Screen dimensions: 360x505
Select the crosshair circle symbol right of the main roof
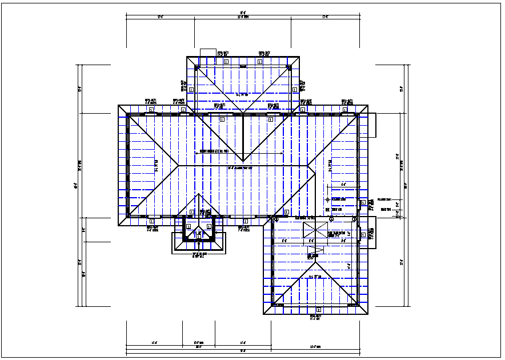(327, 199)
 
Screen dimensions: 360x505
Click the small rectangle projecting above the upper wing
(207, 52)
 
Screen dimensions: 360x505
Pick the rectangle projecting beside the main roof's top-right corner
(372, 125)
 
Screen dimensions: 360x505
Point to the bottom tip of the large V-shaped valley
(243, 161)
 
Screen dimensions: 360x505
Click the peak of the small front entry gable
(199, 195)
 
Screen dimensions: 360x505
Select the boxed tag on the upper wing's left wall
(191, 89)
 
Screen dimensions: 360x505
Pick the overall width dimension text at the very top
(243, 12)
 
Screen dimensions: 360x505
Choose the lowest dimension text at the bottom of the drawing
(243, 351)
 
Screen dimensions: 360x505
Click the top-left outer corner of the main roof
(119, 105)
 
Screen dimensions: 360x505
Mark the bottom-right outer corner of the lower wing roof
(368, 314)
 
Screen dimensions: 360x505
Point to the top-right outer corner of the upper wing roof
(300, 56)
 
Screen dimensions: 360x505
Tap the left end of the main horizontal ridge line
(179, 166)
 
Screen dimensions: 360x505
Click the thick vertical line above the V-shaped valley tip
(243, 137)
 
